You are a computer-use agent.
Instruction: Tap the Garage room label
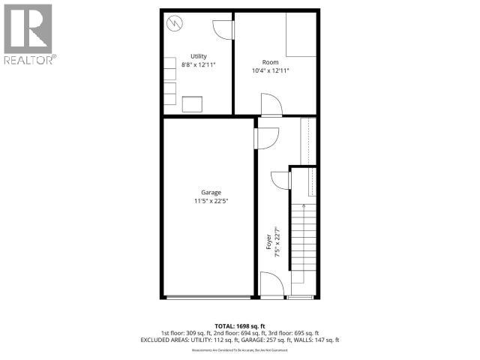[x=210, y=192]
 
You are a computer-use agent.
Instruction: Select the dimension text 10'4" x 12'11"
[x=271, y=70]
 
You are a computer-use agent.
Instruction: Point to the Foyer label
[x=268, y=241]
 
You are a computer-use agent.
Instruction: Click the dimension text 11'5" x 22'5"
[x=210, y=201]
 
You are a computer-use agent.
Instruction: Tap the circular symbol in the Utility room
[x=174, y=24]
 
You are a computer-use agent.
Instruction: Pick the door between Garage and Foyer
[x=265, y=137]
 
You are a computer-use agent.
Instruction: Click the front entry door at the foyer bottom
[x=271, y=286]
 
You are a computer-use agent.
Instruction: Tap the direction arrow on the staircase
[x=303, y=206]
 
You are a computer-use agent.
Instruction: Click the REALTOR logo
[x=28, y=33]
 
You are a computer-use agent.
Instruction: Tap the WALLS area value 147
[x=319, y=340]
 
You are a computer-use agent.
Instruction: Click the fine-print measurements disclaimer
[x=240, y=349]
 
